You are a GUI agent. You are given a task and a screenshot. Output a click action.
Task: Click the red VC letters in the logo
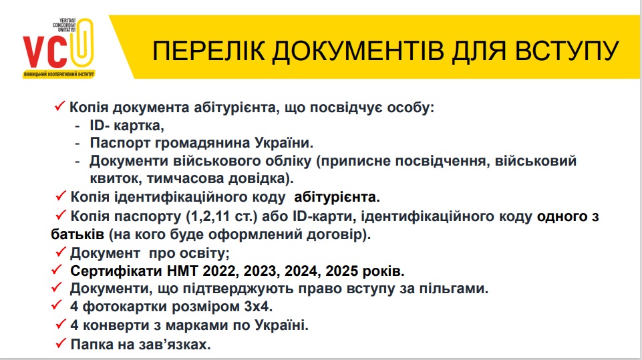click(x=45, y=51)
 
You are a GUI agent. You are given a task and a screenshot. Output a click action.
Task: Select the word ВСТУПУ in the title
click(x=567, y=51)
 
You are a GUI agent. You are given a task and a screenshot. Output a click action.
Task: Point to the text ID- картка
click(x=127, y=126)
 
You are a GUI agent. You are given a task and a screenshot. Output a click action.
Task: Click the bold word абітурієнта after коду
click(x=337, y=197)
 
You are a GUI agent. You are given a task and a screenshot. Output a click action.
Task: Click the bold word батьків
click(x=77, y=234)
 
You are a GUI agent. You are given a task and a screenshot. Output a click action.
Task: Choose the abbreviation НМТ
click(x=182, y=271)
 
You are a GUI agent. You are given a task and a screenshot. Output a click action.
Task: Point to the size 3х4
click(x=258, y=307)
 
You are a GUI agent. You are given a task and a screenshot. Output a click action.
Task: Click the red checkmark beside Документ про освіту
click(x=61, y=252)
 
